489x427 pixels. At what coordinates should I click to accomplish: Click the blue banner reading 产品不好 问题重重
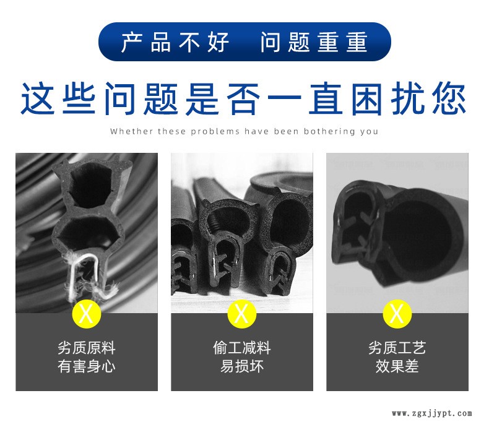(244, 41)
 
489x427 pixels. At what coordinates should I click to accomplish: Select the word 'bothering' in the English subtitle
(330, 132)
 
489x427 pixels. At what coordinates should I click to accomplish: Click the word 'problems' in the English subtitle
(215, 132)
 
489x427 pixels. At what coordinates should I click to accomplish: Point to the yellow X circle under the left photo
(87, 314)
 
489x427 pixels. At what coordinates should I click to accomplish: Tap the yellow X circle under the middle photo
(241, 314)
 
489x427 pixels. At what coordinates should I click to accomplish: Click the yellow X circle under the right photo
(397, 314)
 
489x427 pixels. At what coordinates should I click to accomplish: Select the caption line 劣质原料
(87, 348)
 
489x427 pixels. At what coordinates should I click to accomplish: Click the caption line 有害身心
(87, 366)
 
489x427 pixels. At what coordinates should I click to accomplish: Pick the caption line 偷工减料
(241, 348)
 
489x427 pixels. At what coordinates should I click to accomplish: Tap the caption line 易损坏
(241, 366)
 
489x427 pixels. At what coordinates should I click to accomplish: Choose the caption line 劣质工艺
(397, 348)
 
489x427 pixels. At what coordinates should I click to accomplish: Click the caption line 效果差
(397, 366)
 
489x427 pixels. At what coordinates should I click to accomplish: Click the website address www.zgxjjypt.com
(432, 413)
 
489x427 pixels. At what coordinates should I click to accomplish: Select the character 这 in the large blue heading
(38, 99)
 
